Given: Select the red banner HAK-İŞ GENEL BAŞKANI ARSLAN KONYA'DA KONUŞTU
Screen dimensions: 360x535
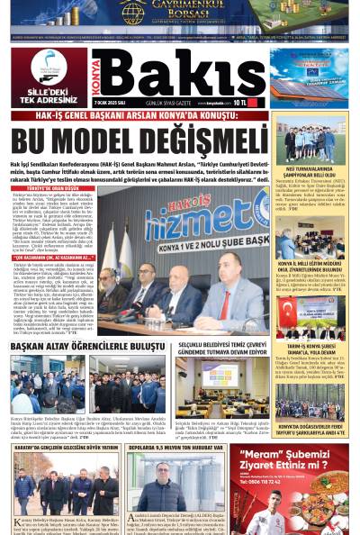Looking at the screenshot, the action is point(139,115).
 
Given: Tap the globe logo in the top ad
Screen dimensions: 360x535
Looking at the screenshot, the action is point(132,11).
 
